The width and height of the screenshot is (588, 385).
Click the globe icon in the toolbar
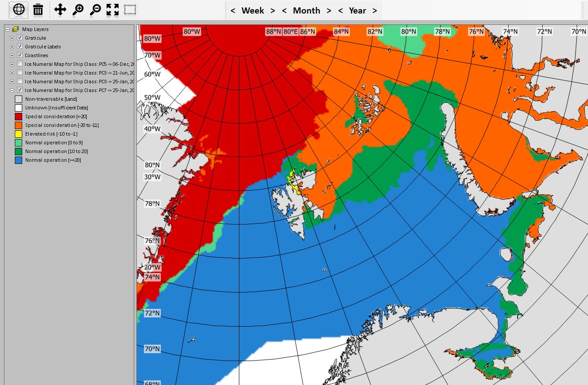coord(19,10)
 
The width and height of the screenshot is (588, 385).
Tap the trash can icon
coord(38,10)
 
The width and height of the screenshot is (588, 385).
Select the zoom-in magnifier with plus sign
coord(78,10)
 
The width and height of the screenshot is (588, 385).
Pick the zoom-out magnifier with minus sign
coord(95,10)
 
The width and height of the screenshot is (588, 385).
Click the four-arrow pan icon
coord(60,10)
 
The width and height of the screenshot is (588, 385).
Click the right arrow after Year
coord(374,10)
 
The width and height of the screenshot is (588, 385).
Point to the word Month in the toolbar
coord(306,10)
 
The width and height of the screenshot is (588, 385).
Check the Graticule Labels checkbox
coord(20,47)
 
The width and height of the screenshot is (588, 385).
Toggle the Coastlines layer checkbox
coord(20,55)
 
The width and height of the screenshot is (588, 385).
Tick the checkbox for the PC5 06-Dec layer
coord(20,64)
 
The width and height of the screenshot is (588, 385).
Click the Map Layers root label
coord(35,29)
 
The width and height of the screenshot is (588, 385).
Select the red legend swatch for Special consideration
coord(18,116)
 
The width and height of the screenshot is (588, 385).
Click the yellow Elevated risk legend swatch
coord(18,134)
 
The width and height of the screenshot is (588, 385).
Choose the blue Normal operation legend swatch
coord(18,160)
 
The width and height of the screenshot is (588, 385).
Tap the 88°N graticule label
coord(274,31)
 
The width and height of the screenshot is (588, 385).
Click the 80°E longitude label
coord(291,31)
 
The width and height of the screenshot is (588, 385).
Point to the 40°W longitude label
coord(153,129)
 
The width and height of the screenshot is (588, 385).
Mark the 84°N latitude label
coord(341,31)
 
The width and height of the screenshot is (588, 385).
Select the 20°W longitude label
coord(153,267)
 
